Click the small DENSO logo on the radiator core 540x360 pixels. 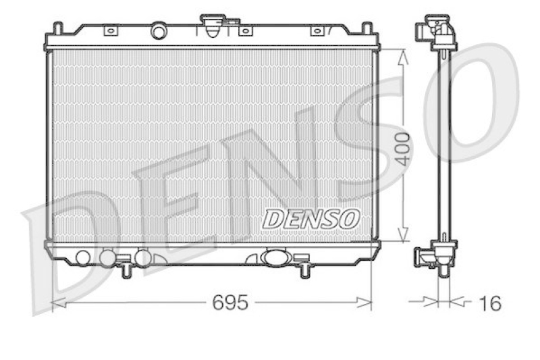(x=311, y=217)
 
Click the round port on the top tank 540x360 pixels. (x=159, y=31)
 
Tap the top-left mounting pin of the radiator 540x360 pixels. (x=58, y=29)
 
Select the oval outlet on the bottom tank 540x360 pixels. (x=275, y=257)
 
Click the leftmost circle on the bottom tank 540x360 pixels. (x=83, y=257)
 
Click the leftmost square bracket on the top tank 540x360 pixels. (x=110, y=30)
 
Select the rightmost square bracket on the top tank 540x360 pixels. (x=316, y=30)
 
